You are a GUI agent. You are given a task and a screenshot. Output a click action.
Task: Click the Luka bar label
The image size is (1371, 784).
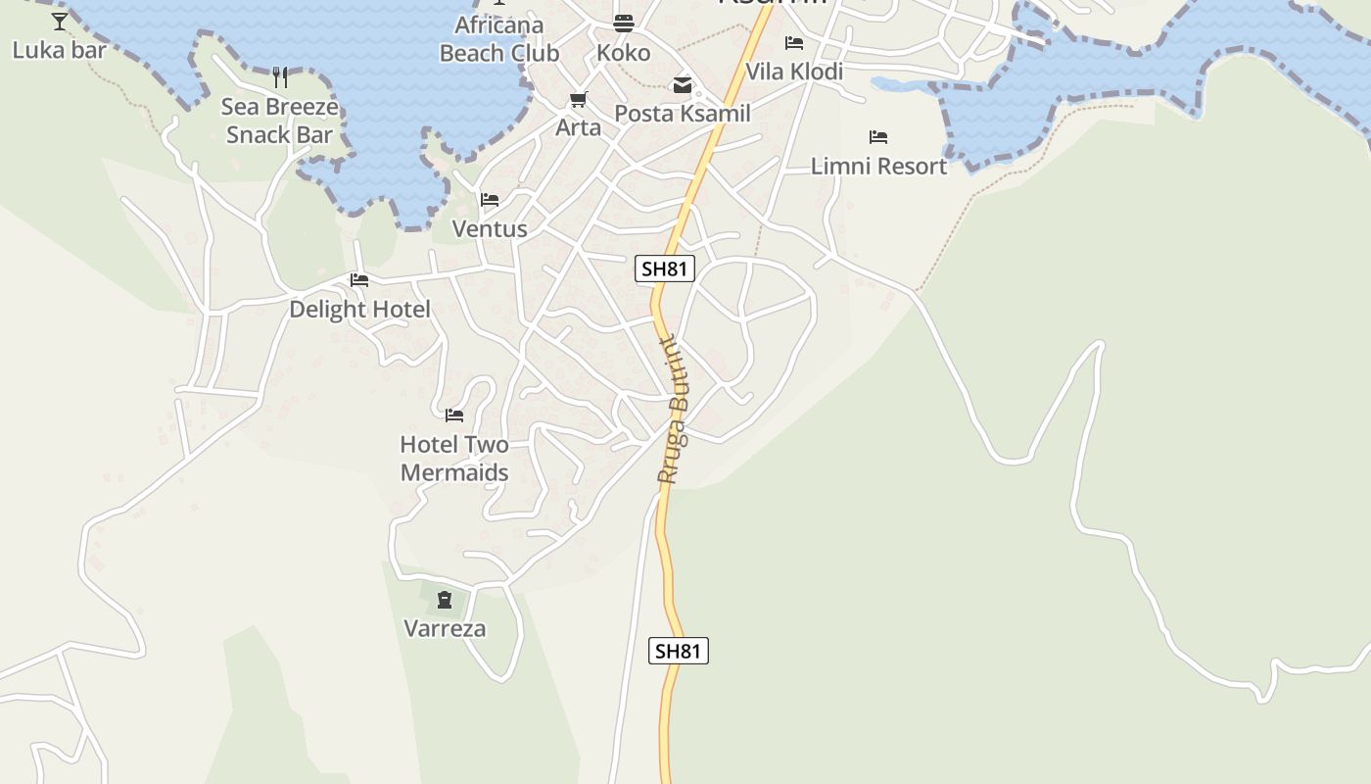[x=59, y=50]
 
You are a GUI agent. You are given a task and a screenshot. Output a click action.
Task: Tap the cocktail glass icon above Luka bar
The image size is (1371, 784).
[x=60, y=21]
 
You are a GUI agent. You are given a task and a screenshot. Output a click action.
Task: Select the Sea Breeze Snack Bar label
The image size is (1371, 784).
[x=280, y=121]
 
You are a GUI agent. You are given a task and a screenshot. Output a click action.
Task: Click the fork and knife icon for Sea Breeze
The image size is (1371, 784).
[x=280, y=77]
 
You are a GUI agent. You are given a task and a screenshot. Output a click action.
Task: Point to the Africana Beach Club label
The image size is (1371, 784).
[x=499, y=39]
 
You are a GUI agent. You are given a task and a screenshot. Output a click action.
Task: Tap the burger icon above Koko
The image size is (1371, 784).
[x=624, y=24]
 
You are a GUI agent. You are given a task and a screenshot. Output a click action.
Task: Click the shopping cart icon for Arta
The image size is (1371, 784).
[x=578, y=100]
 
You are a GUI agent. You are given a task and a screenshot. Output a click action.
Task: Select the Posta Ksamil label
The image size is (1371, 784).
[x=683, y=114]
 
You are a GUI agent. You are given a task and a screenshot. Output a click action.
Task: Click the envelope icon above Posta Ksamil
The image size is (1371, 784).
[x=683, y=85]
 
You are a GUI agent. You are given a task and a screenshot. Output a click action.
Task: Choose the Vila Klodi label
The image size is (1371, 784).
[x=794, y=72]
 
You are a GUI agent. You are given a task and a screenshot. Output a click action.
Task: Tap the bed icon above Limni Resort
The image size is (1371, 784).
[x=878, y=137]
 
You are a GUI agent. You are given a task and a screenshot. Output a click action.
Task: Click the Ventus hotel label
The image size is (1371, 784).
[x=490, y=229]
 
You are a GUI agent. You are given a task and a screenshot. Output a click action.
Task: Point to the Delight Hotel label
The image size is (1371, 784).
[x=359, y=310]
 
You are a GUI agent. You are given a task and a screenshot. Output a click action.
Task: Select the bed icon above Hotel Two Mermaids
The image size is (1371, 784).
[x=454, y=416]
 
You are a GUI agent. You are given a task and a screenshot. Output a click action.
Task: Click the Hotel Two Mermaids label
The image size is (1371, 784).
[x=454, y=459]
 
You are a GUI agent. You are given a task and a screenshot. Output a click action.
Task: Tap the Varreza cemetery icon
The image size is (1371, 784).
[x=445, y=600]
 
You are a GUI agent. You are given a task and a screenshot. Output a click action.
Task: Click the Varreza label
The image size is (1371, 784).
[x=445, y=629]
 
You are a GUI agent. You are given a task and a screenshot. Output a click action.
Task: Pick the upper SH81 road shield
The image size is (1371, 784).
[x=665, y=269]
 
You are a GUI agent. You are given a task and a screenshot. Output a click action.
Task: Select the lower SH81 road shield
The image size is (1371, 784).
[x=679, y=651]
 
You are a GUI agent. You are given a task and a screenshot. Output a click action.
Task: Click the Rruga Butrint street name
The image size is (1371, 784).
[x=672, y=412]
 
